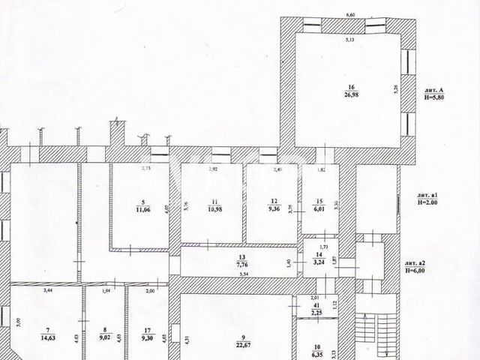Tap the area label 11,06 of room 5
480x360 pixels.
(x=142, y=209)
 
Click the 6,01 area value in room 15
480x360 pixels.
(x=319, y=209)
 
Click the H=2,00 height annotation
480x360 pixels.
(x=431, y=202)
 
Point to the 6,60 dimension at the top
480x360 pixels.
(x=349, y=14)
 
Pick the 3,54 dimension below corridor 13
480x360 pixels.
(x=243, y=275)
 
